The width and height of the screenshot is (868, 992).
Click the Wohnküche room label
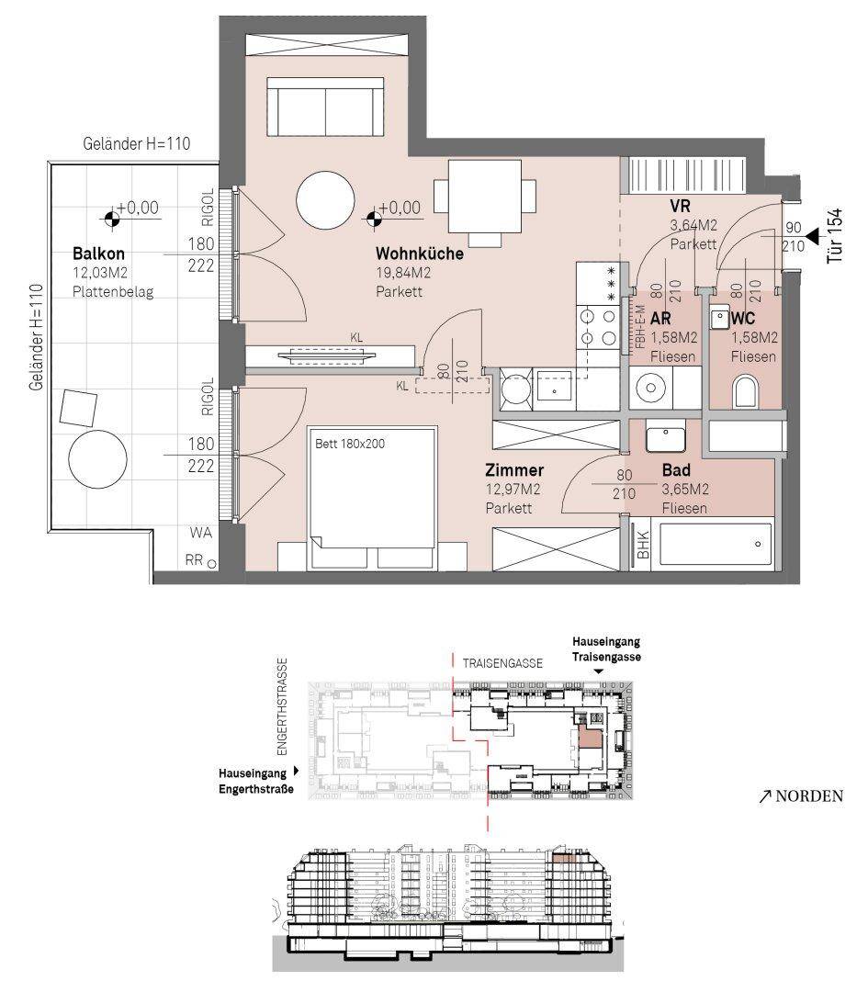(420, 254)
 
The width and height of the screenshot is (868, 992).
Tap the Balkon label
(98, 254)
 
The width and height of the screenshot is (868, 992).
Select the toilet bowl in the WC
(745, 392)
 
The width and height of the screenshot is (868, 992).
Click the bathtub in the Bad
(716, 544)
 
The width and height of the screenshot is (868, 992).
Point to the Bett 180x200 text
(350, 444)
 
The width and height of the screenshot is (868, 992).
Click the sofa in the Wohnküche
(325, 107)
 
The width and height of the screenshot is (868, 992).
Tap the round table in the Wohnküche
(325, 200)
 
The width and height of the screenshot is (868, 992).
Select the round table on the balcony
(97, 459)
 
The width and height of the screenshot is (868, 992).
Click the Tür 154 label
(835, 235)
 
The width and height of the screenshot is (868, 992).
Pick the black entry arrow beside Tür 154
(811, 237)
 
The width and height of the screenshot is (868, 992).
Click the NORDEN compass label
(802, 795)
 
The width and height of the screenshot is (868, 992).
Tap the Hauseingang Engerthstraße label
(256, 781)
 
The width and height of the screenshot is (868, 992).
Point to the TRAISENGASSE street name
(502, 663)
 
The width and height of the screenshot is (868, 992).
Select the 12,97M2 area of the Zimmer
(513, 489)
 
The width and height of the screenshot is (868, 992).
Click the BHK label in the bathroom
(643, 544)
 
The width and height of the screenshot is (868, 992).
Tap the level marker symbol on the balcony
(112, 219)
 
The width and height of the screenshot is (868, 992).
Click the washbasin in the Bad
(666, 438)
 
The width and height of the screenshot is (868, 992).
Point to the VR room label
(680, 207)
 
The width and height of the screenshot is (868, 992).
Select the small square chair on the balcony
(78, 408)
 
